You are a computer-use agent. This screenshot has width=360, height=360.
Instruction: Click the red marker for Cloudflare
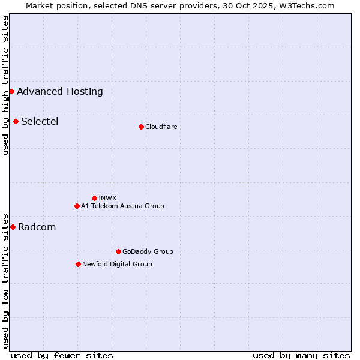[x=141, y=127]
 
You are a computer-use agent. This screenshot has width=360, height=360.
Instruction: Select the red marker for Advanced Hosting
[x=11, y=91]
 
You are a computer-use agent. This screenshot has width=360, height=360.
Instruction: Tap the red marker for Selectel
[x=16, y=121]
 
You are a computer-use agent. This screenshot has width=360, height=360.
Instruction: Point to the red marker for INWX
[x=94, y=198]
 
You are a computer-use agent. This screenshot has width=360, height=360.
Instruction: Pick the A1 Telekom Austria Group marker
[x=77, y=206]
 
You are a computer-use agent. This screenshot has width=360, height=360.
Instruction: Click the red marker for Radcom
[x=13, y=227]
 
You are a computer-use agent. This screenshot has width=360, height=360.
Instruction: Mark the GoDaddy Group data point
[x=118, y=251]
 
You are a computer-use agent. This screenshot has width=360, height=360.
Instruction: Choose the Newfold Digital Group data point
[x=78, y=264]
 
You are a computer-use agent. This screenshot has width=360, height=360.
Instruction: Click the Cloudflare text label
[x=161, y=127]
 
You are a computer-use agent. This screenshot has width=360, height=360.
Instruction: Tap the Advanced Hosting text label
[x=60, y=91]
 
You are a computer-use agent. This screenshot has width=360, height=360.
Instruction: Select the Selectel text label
[x=40, y=121]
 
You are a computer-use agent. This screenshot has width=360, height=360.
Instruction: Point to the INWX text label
[x=107, y=198]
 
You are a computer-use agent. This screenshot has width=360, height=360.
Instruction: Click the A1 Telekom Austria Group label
[x=122, y=206]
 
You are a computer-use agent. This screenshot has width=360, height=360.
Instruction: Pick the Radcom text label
[x=37, y=227]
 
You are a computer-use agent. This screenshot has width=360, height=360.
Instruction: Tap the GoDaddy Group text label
[x=148, y=251]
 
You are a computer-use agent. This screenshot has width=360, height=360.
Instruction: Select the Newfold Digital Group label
[x=117, y=264]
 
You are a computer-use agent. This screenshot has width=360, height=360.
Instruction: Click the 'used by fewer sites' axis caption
[x=62, y=355]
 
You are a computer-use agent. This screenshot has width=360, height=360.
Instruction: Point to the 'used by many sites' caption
[x=301, y=355]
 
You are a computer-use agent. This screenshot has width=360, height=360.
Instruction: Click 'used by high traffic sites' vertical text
[x=5, y=85]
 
